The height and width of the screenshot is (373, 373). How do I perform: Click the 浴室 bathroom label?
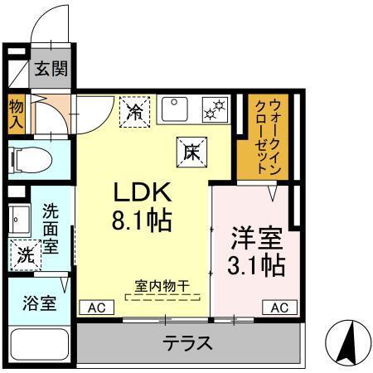[38, 302]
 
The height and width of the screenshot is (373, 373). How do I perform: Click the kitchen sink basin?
[177, 108]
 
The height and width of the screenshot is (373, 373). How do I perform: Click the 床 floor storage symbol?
[190, 151]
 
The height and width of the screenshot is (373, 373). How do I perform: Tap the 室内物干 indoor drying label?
[162, 286]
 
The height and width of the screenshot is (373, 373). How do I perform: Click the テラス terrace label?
[186, 342]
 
